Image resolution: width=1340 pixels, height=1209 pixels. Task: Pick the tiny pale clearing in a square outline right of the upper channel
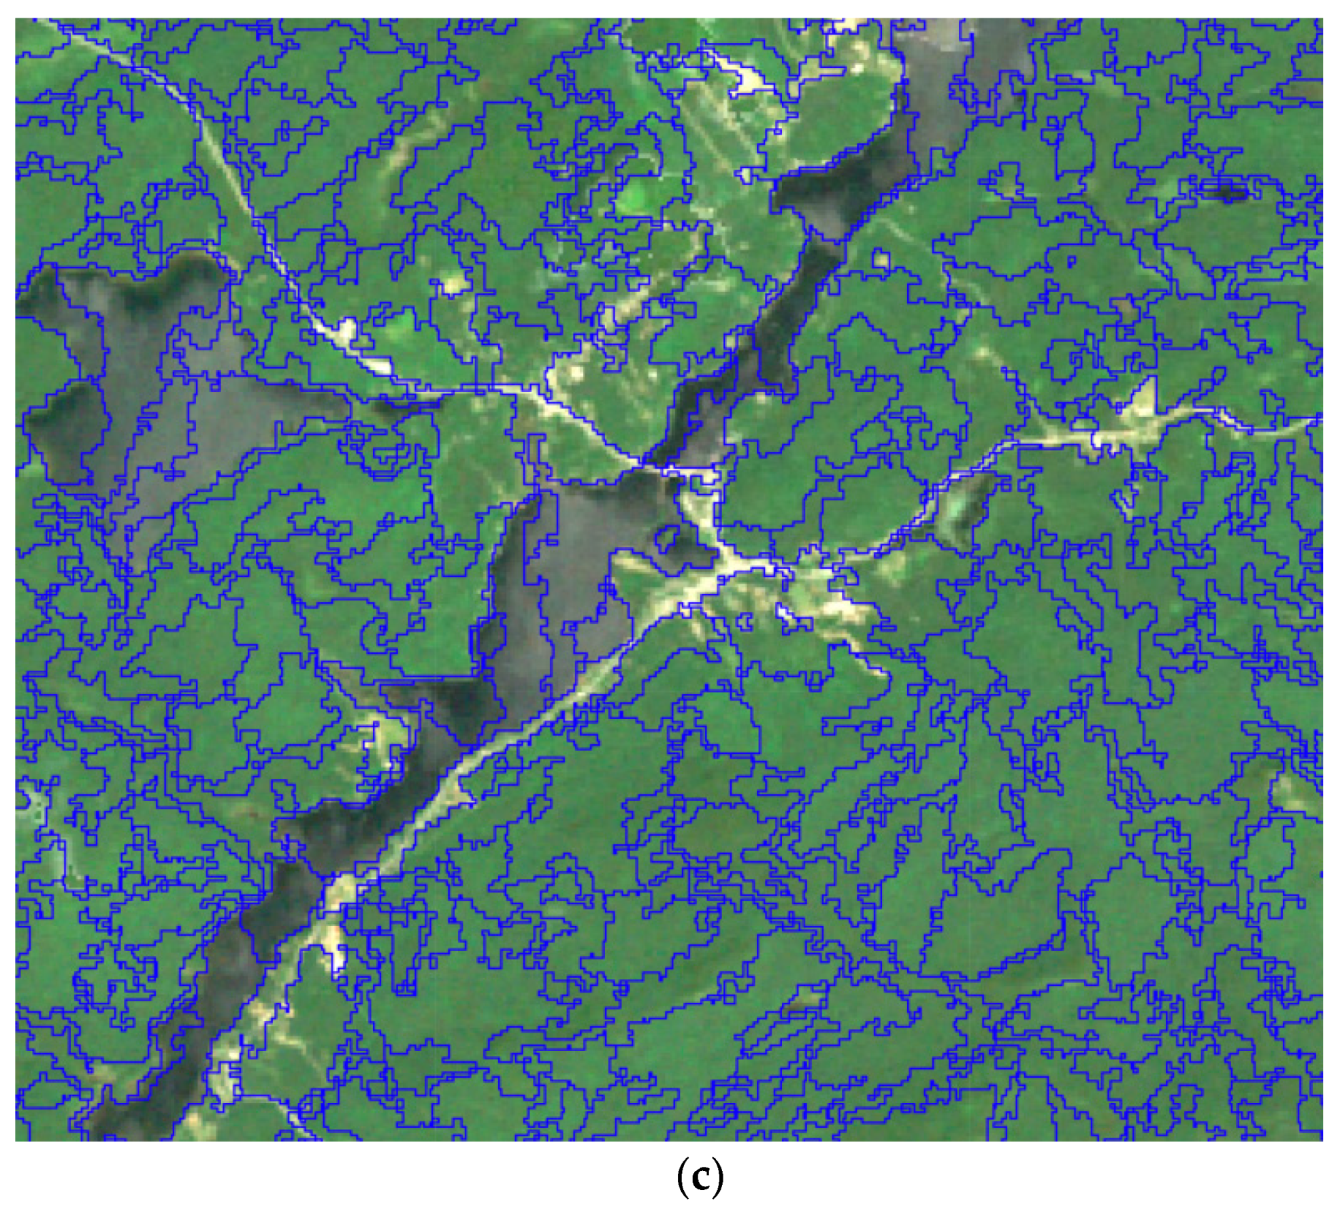point(881,260)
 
